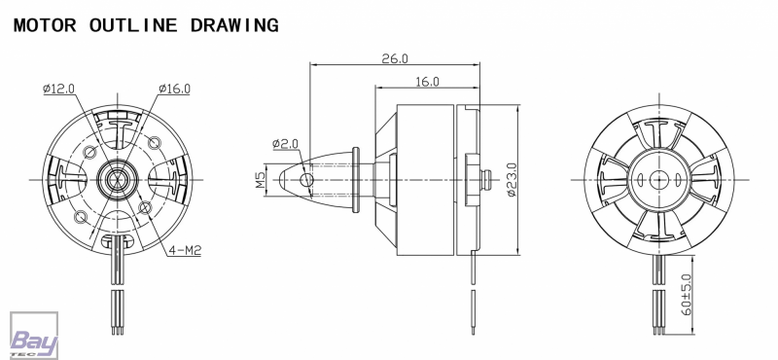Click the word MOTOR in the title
[x=45, y=25]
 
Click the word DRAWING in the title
[x=234, y=25]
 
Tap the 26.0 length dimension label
[x=395, y=58]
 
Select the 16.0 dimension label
[x=427, y=82]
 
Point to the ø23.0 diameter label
[x=513, y=179]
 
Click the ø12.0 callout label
[x=58, y=89]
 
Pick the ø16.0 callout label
[x=174, y=89]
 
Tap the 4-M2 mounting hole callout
[x=185, y=250]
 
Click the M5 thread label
[x=261, y=180]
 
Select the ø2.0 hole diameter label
[x=285, y=143]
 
